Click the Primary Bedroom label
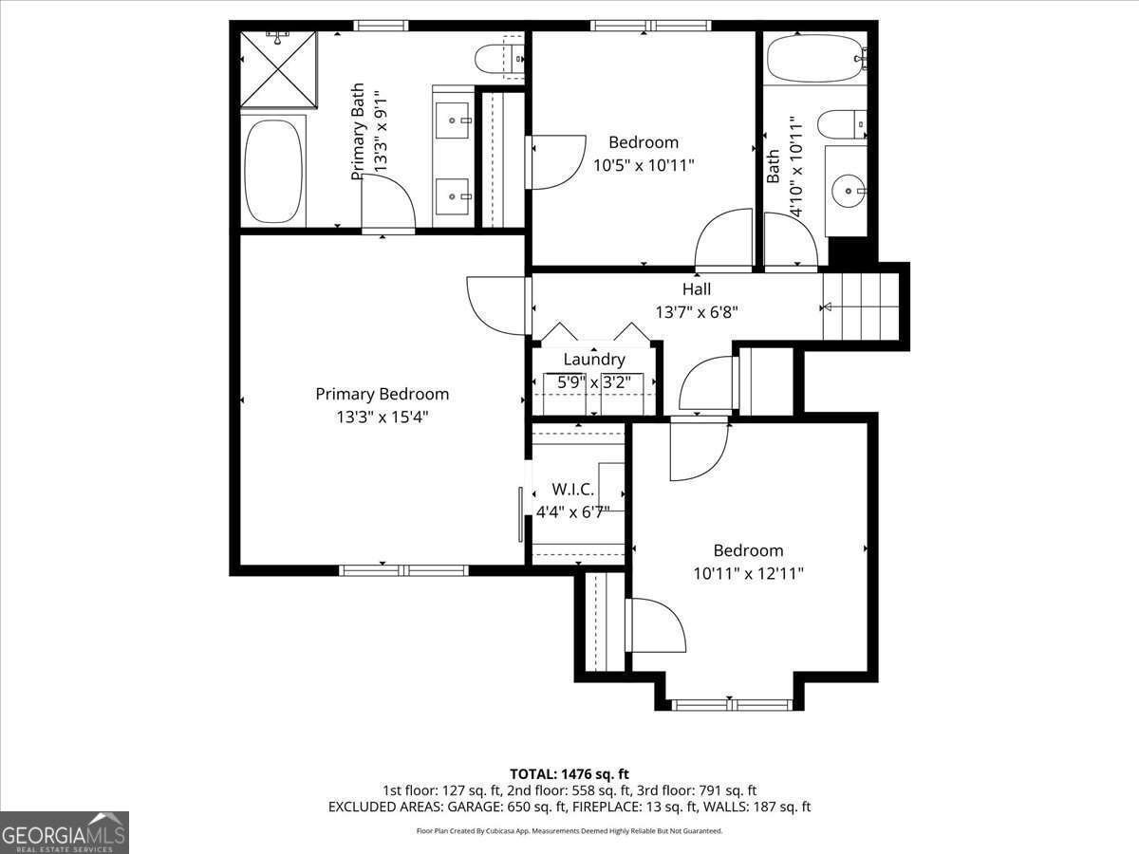coord(382,394)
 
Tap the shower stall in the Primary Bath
coord(278,70)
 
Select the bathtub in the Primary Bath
coord(274,172)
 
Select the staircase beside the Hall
coord(860,306)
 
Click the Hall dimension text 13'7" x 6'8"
coord(696,311)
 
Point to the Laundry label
coord(594,360)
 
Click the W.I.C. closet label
coord(573,490)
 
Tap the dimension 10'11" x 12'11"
coord(749,573)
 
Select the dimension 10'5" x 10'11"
coord(644,165)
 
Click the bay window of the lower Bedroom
coord(731,705)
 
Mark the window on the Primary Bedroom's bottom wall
coord(403,570)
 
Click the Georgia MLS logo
coord(65,832)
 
